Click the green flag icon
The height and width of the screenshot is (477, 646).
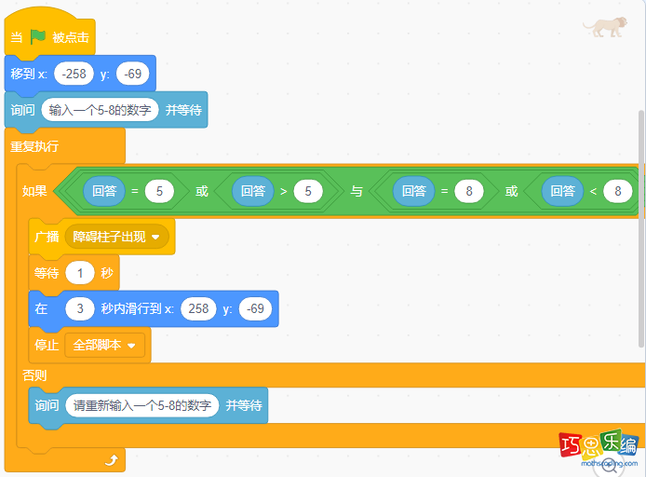point(38,37)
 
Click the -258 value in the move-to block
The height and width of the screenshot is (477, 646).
point(74,74)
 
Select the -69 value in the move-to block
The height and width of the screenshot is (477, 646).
point(132,74)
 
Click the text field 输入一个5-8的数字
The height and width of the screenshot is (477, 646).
point(101,110)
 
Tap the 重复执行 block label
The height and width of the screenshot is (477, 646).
point(34,146)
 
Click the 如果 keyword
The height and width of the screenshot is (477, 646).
point(34,192)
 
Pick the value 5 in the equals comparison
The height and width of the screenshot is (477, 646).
point(159,192)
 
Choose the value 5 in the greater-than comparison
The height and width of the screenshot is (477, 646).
point(307,192)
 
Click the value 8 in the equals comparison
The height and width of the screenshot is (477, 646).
point(469,192)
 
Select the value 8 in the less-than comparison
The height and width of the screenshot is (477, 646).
point(617,192)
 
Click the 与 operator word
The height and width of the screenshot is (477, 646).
point(357,192)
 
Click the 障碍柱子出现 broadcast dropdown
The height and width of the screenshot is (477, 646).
point(116,237)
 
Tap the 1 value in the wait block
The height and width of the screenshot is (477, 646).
point(81,273)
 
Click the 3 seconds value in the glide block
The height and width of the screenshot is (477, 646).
point(81,308)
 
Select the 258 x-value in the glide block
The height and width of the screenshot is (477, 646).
point(198,308)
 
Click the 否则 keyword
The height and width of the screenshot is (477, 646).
point(34,375)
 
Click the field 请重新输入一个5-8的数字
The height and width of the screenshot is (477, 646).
point(142,405)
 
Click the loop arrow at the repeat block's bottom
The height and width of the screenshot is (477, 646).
point(112,459)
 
